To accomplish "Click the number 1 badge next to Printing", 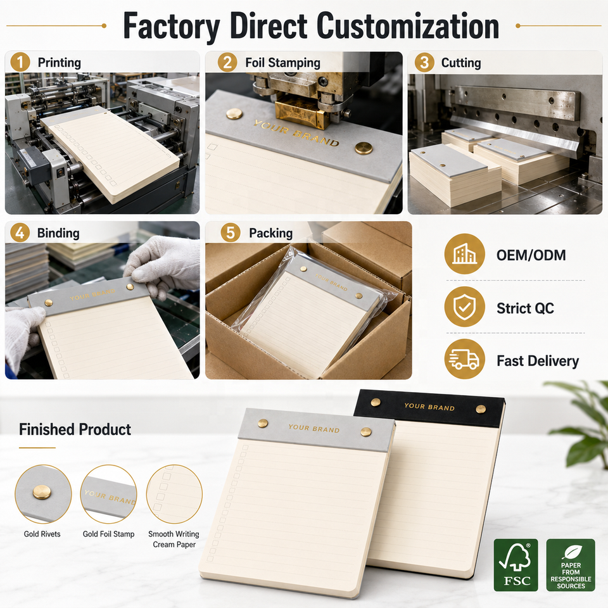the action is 20,62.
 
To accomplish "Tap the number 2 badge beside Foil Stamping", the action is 227,62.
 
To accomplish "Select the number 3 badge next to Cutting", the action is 424,62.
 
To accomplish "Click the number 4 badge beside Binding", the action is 20,232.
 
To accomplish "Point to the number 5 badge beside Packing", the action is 231,232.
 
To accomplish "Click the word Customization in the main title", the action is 407,26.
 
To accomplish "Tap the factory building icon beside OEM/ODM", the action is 464,254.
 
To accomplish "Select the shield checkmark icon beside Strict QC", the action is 464,307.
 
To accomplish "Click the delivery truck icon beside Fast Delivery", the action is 464,360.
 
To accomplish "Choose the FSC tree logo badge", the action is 516,565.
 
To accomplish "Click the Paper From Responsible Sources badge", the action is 571,565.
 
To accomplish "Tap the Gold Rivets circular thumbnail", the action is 43,494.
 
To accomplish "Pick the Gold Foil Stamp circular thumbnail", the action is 108,494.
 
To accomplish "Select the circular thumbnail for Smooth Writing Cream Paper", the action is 175,494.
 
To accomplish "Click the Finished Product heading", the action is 75,429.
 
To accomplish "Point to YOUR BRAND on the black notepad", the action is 429,407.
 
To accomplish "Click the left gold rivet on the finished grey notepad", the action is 263,423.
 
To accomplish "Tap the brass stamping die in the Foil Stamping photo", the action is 300,112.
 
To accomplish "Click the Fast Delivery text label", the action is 538,361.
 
